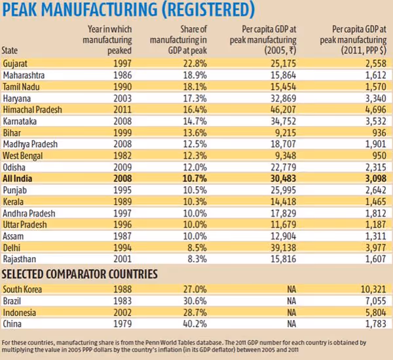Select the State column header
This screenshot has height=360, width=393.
(x=11, y=50)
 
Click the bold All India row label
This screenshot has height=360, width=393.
(x=18, y=178)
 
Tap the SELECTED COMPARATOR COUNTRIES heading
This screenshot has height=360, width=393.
(x=81, y=273)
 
